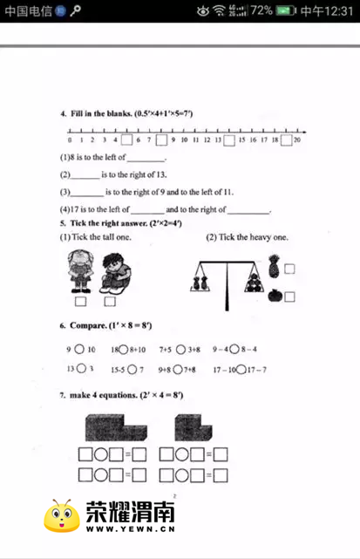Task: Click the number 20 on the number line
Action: pyautogui.click(x=297, y=140)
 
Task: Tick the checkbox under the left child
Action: pyautogui.click(x=80, y=302)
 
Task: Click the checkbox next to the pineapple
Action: pyautogui.click(x=289, y=269)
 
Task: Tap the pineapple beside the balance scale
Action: pyautogui.click(x=274, y=265)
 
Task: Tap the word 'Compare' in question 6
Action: pyautogui.click(x=87, y=325)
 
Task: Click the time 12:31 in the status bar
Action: pyautogui.click(x=336, y=10)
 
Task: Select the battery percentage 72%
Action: pyautogui.click(x=262, y=10)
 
